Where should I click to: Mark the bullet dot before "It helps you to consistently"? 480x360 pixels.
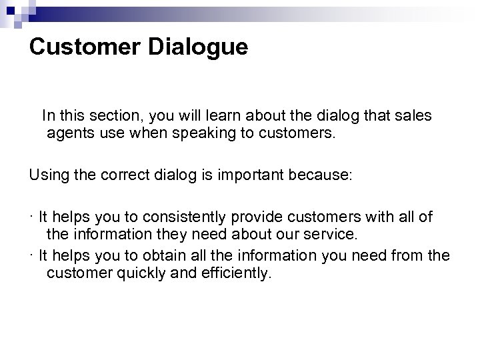tap(31, 217)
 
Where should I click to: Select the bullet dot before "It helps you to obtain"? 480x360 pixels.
tap(31, 255)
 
